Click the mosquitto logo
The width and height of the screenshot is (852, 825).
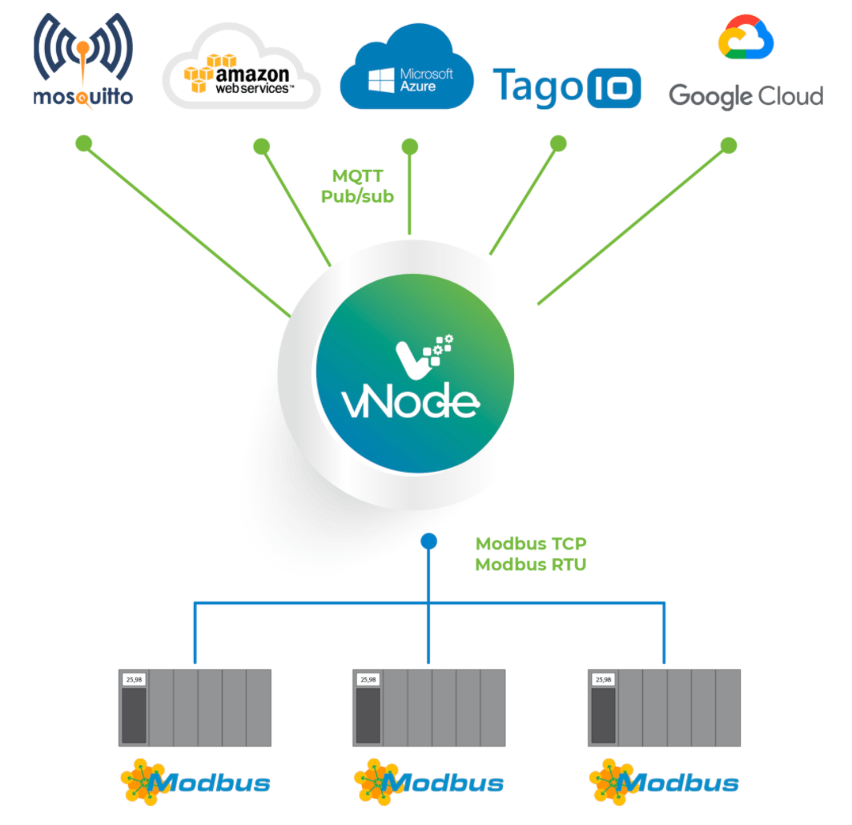tap(82, 60)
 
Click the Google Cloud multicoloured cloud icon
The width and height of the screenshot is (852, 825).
tap(745, 38)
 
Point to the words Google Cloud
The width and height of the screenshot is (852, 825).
tap(745, 96)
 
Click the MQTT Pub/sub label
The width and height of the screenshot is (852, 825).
tap(357, 186)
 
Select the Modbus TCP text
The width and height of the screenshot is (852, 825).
tap(531, 545)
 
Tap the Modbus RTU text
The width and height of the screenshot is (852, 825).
tap(530, 565)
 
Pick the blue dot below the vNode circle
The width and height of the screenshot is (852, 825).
tap(429, 542)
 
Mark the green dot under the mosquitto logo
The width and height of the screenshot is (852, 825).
tap(83, 144)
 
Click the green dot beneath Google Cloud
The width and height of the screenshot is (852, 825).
tap(728, 145)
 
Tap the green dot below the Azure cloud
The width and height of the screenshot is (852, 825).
tap(409, 147)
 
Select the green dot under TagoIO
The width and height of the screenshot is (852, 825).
tap(559, 143)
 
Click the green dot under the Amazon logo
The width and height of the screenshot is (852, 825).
tap(261, 147)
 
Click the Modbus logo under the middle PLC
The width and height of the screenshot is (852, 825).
tap(429, 782)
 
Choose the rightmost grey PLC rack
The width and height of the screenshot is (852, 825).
tap(664, 708)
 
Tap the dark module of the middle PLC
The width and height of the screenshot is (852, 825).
tap(369, 715)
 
